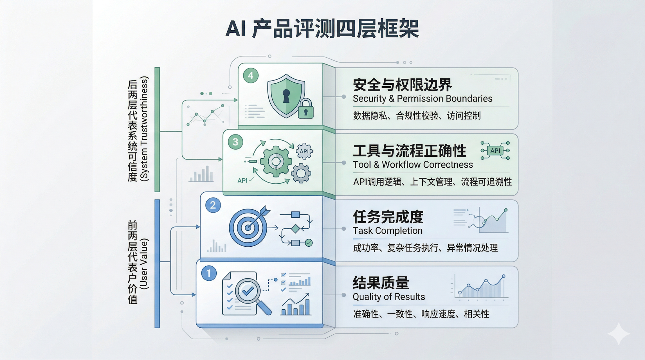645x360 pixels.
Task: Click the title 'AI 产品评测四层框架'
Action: [x=322, y=29]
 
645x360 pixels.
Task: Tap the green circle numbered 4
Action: [x=251, y=75]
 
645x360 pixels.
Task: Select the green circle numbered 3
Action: [x=235, y=142]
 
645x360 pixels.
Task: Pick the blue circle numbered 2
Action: [x=213, y=205]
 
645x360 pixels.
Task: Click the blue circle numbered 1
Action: [x=209, y=273]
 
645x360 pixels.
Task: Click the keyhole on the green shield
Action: [x=286, y=96]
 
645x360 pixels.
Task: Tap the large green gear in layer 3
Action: [x=276, y=161]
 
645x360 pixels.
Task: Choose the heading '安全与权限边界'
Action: [x=402, y=85]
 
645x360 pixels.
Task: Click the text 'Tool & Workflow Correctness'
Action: [x=413, y=165]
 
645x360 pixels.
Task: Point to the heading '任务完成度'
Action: [x=388, y=217]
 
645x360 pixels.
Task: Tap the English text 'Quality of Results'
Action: [x=389, y=297]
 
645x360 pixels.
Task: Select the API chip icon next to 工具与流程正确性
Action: [x=495, y=150]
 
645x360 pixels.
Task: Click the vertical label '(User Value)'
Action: [x=144, y=264]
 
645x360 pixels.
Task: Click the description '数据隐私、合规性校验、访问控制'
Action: [x=417, y=116]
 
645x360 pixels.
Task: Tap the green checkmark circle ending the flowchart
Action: [x=309, y=243]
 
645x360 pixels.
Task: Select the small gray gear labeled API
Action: [x=304, y=151]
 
